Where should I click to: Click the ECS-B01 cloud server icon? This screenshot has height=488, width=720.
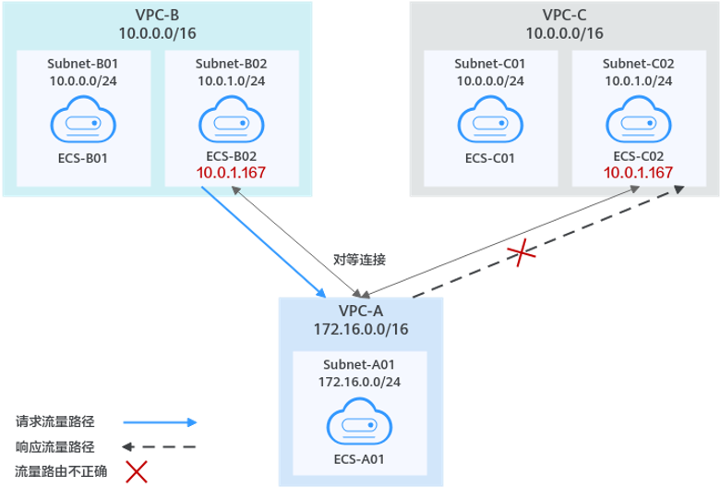click(83, 122)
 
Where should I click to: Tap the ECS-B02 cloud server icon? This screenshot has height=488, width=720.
click(231, 122)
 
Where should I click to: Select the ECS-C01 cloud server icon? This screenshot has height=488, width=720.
click(489, 122)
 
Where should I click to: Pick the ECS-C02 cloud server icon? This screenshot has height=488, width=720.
click(638, 122)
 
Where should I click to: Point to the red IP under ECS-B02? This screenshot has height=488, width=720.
click(231, 174)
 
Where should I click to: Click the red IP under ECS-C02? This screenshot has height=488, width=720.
click(638, 174)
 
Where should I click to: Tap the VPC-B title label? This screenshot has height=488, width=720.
click(157, 15)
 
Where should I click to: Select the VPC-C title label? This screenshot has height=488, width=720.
click(564, 15)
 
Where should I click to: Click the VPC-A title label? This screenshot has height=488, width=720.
click(360, 311)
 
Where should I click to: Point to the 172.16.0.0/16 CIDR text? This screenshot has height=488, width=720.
click(360, 329)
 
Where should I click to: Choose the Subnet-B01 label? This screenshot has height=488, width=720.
click(83, 64)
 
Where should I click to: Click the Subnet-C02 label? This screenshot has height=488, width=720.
click(638, 64)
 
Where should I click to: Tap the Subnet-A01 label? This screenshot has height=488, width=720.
click(359, 363)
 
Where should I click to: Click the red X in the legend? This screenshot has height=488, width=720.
click(137, 472)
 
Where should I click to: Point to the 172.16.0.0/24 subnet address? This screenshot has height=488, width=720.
click(359, 381)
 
